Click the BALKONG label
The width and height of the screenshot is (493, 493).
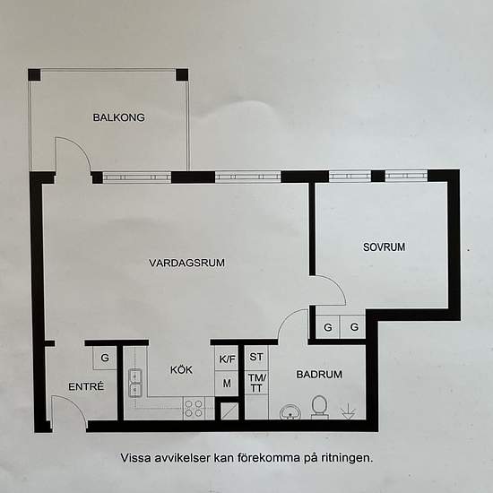coord(118,117)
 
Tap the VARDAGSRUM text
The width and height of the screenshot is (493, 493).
coord(186,263)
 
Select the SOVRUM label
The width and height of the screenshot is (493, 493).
coord(385,246)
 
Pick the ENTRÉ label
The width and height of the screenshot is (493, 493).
coord(87,387)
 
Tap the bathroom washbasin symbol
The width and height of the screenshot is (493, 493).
coord(290,411)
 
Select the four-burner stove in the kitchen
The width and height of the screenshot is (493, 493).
coord(194,409)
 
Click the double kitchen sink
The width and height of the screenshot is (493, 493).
coord(136,383)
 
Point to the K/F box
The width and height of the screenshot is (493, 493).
coord(227,359)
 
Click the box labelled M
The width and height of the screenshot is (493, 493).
coord(227,383)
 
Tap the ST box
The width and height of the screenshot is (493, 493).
coord(255,357)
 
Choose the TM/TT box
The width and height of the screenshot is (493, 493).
coord(255,382)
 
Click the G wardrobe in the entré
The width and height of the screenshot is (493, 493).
coord(105,358)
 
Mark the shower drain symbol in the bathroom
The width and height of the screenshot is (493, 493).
coord(349,411)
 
